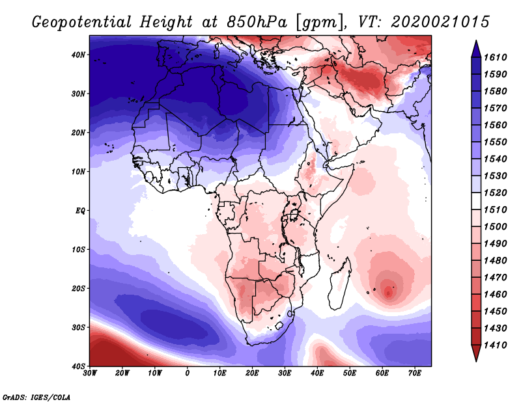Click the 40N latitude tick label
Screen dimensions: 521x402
tap(78, 55)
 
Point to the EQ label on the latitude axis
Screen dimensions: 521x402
tap(80, 211)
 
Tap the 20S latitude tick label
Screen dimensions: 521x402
tap(78, 288)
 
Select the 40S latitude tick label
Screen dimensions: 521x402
tap(78, 366)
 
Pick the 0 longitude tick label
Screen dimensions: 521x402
tap(187, 373)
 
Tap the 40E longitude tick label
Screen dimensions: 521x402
tap(317, 373)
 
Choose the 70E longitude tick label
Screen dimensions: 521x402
tap(415, 373)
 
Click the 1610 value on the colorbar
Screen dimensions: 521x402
tap(495, 57)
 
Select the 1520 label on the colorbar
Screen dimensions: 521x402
tap(495, 193)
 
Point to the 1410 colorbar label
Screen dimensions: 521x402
tap(495, 345)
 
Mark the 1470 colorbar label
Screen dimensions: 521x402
tap(495, 278)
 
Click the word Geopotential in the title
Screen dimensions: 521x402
tap(82, 23)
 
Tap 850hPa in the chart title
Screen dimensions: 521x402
tap(257, 22)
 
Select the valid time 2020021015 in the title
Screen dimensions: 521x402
tap(440, 22)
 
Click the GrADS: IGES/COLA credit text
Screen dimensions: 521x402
tap(36, 397)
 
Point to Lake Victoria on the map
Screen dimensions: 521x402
tap(294, 215)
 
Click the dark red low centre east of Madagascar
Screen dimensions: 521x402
tap(388, 292)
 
